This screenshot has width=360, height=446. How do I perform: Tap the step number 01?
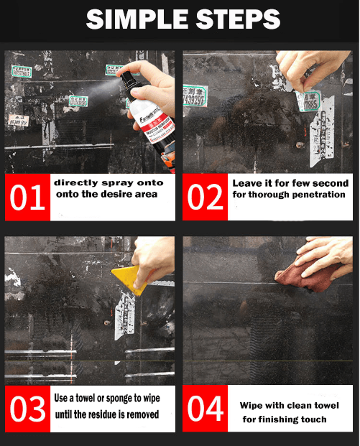[x=27, y=198]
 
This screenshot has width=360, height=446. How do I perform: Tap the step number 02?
[x=206, y=198]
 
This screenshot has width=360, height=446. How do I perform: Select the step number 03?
[x=27, y=409]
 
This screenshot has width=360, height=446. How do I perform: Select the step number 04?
[x=206, y=409]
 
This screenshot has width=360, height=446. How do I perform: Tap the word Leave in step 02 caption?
[x=246, y=183]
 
